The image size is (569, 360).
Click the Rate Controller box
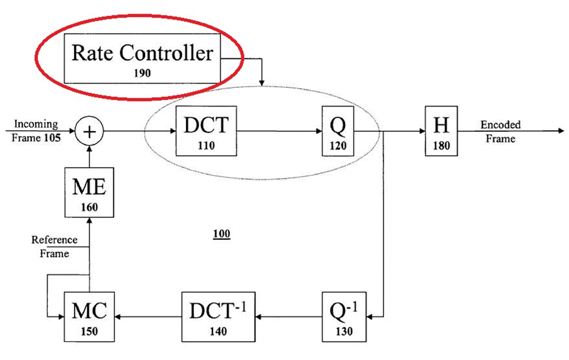142,58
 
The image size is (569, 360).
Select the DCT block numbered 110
206,131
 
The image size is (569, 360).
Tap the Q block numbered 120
338,131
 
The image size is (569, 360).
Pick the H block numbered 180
442,131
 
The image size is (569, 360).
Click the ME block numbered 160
89,192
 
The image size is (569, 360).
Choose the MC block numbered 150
89,317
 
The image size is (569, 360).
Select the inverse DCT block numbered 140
218,317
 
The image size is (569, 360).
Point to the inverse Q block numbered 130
344,317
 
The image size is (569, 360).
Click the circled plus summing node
89,131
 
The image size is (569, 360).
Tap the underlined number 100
222,234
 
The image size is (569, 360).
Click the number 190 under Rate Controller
142,73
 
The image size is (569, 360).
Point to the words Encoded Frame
501,131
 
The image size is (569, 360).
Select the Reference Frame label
54,246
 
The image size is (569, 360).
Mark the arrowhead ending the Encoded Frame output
561,131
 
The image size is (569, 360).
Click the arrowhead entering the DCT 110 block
173,131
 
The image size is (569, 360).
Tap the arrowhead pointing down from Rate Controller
262,83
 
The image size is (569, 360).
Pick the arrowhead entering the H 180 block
422,131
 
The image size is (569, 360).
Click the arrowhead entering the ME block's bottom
89,221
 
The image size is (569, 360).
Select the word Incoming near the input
36,124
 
